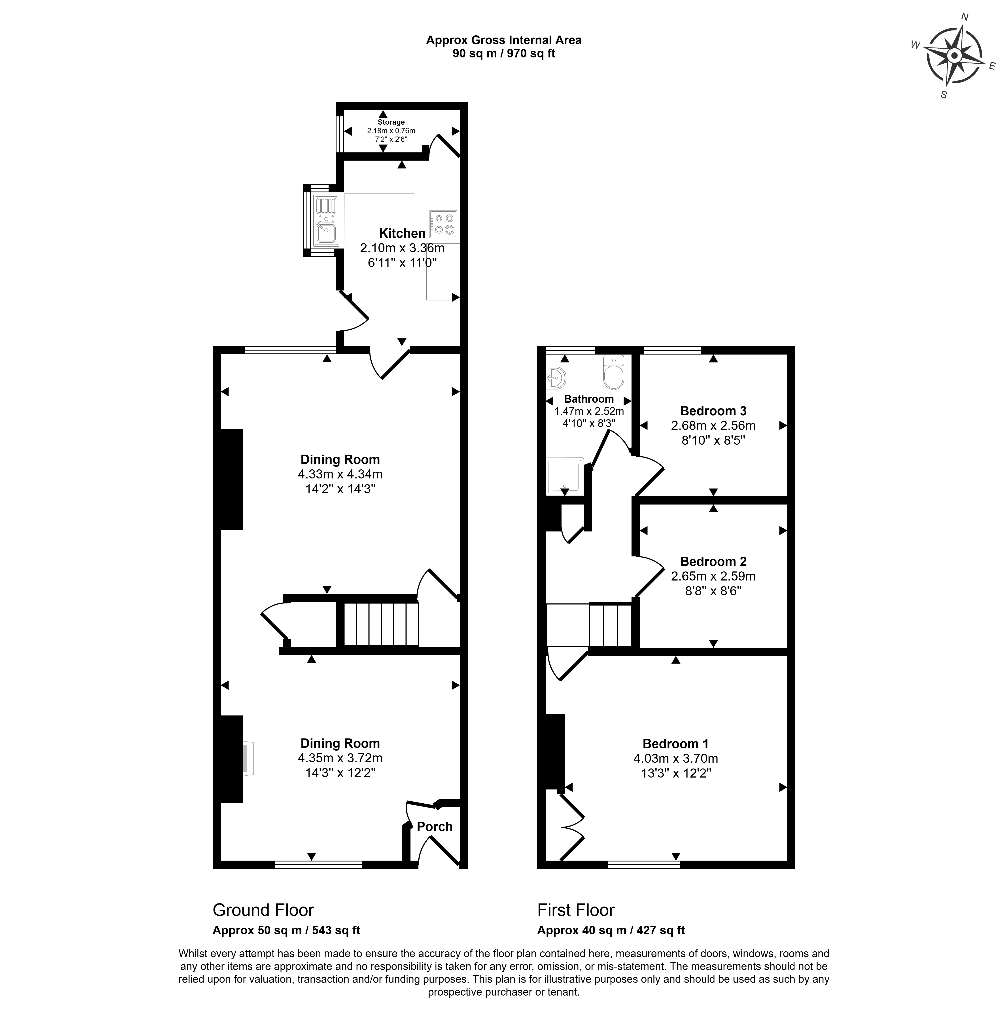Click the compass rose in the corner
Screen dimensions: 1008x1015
pyautogui.click(x=954, y=55)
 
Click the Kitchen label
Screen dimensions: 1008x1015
pyautogui.click(x=402, y=233)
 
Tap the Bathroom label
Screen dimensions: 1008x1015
pyautogui.click(x=589, y=399)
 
